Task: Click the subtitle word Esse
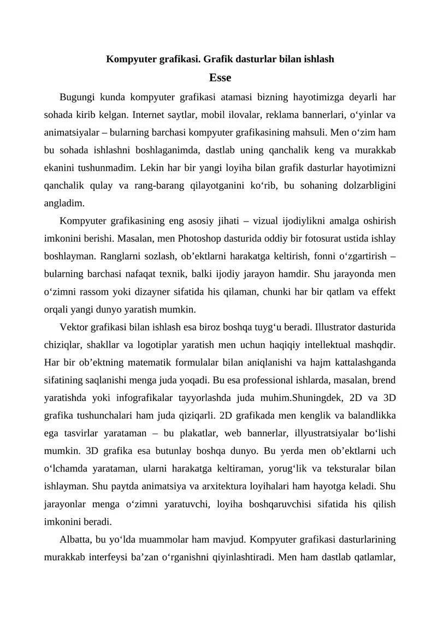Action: (220, 78)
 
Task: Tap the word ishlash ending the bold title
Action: (318, 58)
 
